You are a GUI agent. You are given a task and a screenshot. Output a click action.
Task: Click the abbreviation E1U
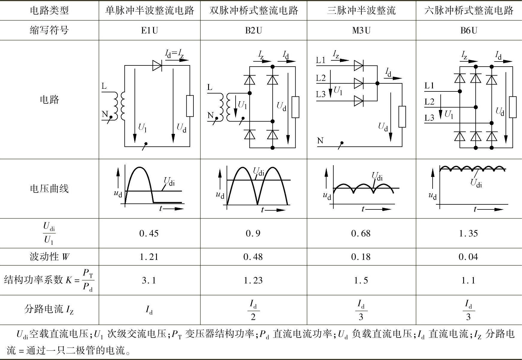[149, 30]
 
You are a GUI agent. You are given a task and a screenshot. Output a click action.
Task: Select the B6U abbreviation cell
[468, 30]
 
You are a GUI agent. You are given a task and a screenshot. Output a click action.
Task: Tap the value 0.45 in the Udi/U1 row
[149, 233]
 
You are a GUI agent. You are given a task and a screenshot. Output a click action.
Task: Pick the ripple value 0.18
[361, 257]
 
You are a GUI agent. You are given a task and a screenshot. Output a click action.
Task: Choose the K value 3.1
[149, 280]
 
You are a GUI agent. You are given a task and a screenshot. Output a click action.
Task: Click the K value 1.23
[253, 280]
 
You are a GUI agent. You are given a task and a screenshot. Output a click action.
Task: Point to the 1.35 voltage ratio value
[468, 233]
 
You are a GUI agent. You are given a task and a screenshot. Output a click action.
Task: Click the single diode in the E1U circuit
[157, 65]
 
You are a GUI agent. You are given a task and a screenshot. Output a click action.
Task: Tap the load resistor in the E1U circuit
[190, 106]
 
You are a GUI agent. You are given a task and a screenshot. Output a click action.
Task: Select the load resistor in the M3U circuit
[402, 117]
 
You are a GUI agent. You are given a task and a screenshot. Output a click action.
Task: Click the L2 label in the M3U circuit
[321, 78]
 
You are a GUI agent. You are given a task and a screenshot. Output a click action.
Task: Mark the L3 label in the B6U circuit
[429, 118]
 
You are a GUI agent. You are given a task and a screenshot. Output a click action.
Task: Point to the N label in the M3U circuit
[320, 140]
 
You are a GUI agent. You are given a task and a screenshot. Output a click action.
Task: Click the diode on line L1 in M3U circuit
[358, 65]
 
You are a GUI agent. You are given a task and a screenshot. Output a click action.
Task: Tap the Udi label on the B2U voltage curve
[259, 171]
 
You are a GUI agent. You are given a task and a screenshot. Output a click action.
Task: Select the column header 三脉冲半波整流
[361, 11]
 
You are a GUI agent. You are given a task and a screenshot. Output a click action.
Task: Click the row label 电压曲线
[49, 189]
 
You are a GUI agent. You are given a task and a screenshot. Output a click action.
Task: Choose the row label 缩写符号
[49, 30]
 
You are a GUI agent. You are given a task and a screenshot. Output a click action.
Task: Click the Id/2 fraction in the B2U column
[253, 310]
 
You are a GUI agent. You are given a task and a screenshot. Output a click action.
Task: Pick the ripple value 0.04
[468, 257]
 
